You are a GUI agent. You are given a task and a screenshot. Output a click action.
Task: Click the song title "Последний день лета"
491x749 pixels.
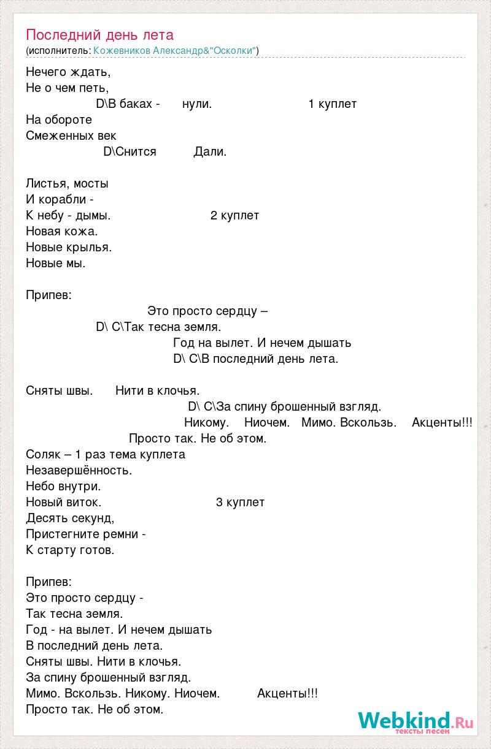coord(100,35)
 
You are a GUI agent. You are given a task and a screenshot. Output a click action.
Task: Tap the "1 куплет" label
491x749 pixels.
coord(332,104)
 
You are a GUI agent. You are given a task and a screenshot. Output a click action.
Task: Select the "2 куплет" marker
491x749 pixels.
coord(234,216)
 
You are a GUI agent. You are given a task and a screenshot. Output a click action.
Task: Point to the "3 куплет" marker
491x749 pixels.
coord(240,503)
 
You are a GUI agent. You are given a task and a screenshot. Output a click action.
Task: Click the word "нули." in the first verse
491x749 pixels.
coord(197,104)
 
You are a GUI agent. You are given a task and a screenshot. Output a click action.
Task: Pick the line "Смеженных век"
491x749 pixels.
coord(71,136)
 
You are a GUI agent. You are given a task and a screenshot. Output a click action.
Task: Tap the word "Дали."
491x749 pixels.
coord(210,152)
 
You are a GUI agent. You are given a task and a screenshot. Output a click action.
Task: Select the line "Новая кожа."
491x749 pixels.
coord(62,232)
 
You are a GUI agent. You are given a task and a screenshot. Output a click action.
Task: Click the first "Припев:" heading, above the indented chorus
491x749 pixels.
coord(49,295)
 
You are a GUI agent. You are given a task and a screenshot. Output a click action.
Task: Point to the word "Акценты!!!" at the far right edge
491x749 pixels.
coord(442,423)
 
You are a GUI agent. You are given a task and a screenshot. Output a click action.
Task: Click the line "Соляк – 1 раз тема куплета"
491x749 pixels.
coord(106,455)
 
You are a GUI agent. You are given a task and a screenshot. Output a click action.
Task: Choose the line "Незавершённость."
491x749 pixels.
coord(79,471)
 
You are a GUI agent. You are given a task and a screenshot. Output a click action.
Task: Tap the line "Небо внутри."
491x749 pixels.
coord(63,487)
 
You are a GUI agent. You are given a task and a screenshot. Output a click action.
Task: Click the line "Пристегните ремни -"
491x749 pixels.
coord(86,534)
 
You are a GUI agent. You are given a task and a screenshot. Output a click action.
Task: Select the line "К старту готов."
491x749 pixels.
coord(71,550)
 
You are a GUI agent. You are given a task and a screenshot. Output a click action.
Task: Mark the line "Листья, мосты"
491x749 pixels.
coord(68,184)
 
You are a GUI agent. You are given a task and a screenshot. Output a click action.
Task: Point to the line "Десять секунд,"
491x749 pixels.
coord(71,519)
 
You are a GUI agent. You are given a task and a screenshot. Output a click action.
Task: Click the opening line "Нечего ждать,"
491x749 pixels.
coord(69,72)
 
